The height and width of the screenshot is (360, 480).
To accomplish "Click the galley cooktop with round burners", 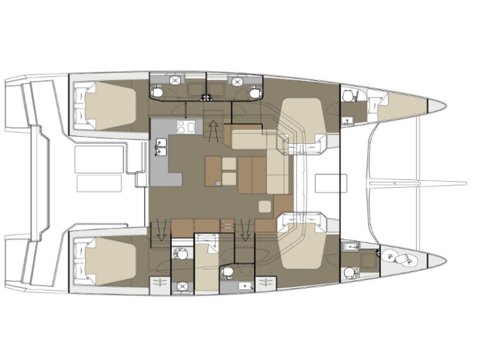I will (x=186, y=127).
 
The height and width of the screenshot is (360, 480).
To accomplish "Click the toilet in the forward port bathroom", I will (x=348, y=96).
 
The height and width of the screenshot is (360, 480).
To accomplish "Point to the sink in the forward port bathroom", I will (x=348, y=120).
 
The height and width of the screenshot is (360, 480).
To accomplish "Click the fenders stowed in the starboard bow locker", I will (x=402, y=258).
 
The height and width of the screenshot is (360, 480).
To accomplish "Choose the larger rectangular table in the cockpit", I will (x=100, y=157).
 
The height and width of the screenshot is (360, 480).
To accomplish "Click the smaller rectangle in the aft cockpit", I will (x=100, y=183).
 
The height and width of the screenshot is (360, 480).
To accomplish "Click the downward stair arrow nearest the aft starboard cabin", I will (x=156, y=230).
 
